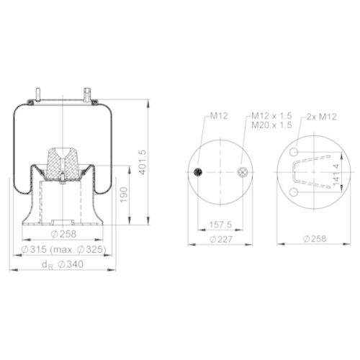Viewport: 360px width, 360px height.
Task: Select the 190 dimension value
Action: click(x=124, y=194)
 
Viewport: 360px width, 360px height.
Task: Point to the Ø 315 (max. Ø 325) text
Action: click(x=63, y=249)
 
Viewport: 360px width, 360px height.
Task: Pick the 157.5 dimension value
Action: click(x=210, y=224)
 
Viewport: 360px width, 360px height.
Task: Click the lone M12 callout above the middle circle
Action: click(x=219, y=115)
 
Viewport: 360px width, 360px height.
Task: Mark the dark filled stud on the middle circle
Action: click(x=197, y=171)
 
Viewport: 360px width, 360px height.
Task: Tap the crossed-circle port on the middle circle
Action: click(x=243, y=171)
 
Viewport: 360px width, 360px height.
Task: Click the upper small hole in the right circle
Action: click(x=295, y=152)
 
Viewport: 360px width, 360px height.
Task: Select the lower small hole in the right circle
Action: click(x=295, y=192)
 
